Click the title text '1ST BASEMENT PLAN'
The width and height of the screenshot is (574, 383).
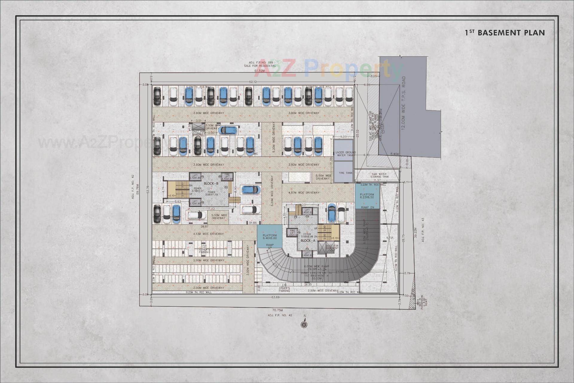[x=505, y=33]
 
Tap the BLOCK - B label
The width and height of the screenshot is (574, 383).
[x=211, y=183]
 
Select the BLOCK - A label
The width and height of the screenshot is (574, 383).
[x=308, y=241]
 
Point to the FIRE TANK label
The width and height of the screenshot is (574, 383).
[x=345, y=173]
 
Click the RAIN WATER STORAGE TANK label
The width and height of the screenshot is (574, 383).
[x=379, y=175]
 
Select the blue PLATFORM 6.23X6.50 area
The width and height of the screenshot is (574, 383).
[x=367, y=196]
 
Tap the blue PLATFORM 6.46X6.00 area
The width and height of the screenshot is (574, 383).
[x=269, y=237]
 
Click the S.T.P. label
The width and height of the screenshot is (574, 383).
[x=390, y=238]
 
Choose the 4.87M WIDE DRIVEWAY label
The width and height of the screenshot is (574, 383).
[x=304, y=193]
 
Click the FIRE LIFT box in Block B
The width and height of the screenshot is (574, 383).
[x=227, y=177]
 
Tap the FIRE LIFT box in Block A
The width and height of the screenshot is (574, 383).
[x=292, y=232]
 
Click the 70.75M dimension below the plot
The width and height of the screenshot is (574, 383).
[x=277, y=310]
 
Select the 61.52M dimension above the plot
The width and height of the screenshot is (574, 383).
[x=259, y=71]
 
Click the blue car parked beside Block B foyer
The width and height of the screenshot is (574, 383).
[x=251, y=190]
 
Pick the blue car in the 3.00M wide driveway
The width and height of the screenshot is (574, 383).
[x=228, y=130]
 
